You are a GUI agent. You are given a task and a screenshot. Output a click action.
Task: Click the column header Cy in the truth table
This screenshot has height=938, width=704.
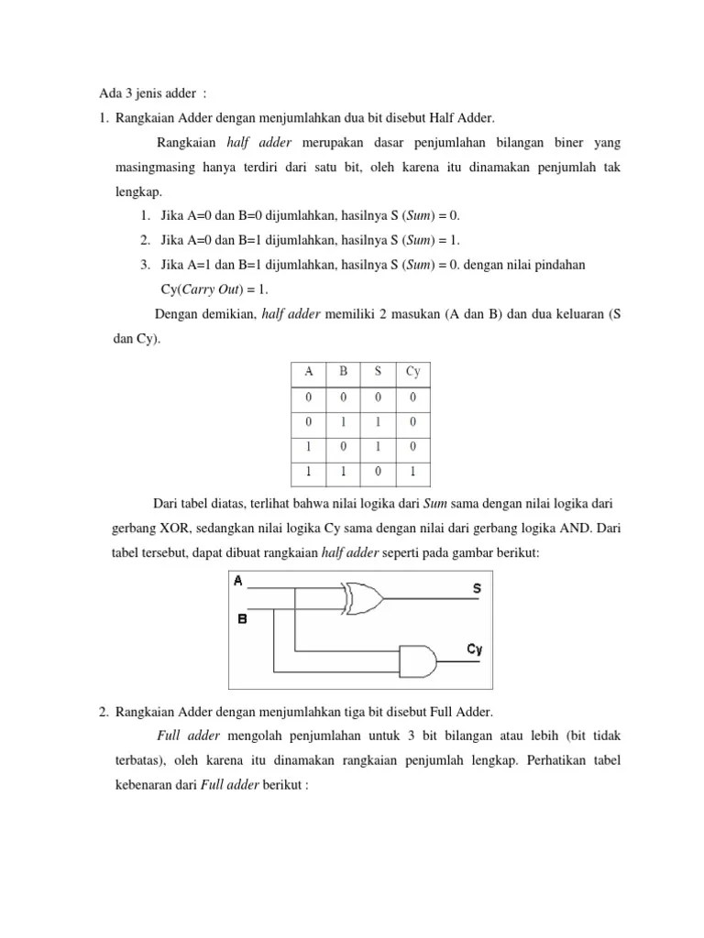click(412, 372)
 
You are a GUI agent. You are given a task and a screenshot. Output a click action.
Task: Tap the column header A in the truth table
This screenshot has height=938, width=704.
click(309, 372)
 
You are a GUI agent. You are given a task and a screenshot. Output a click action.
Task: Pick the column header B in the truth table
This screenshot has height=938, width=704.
click(344, 372)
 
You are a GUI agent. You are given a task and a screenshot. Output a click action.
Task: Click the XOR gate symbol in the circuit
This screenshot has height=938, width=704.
click(363, 598)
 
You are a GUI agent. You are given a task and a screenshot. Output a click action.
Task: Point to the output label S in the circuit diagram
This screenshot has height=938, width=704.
click(477, 589)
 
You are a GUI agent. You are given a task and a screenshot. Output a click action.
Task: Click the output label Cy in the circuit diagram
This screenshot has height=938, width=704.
click(474, 649)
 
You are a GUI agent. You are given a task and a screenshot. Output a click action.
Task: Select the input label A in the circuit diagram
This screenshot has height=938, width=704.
click(238, 581)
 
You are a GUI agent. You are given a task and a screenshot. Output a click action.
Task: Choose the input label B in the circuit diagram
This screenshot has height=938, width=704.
click(242, 618)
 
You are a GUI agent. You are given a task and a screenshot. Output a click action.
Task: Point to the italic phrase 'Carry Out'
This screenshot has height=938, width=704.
click(209, 289)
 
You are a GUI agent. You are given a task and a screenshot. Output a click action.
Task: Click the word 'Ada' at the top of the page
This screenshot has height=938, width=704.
click(109, 93)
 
